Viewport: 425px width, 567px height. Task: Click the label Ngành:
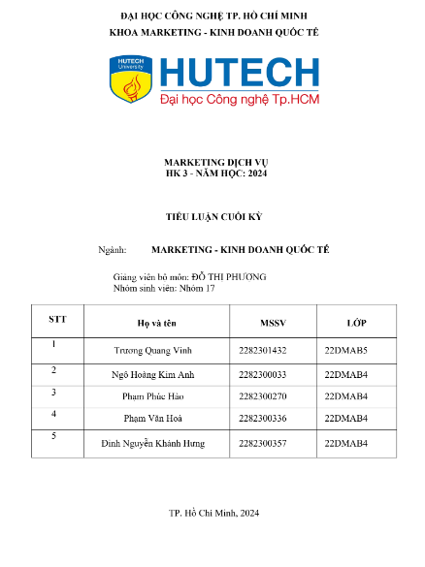point(113,250)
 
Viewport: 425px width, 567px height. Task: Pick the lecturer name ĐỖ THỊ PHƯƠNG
point(229,277)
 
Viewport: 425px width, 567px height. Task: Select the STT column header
point(57,318)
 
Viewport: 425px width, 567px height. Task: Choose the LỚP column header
point(356,322)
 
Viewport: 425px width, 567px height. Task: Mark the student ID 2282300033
point(262,374)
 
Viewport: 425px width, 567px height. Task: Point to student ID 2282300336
point(262,419)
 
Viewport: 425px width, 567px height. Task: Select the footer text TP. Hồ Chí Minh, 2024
point(213,513)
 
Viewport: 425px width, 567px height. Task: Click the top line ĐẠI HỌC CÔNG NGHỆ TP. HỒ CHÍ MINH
point(213,16)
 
